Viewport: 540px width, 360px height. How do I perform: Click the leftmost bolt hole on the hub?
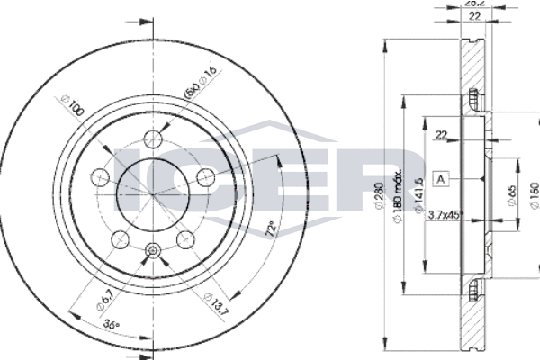(x=102, y=175)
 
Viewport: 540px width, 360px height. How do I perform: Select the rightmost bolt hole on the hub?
(x=207, y=175)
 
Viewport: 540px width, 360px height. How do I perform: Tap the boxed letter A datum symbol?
(x=441, y=177)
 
